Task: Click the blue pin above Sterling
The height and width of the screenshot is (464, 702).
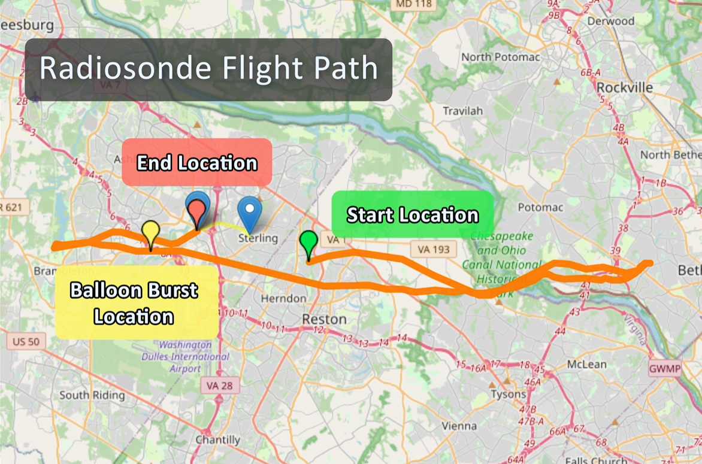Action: pyautogui.click(x=249, y=211)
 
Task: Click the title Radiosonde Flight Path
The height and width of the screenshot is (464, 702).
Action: pyautogui.click(x=208, y=69)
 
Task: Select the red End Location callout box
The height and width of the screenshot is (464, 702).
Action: pyautogui.click(x=197, y=162)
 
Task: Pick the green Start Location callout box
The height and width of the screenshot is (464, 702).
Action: pyautogui.click(x=412, y=214)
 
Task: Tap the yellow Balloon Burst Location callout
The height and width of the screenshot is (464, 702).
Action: pyautogui.click(x=137, y=303)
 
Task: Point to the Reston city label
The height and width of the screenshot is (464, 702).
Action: pyautogui.click(x=323, y=319)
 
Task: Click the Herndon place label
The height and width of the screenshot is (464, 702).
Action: pyautogui.click(x=283, y=298)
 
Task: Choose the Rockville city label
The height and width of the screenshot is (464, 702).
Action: pyautogui.click(x=625, y=87)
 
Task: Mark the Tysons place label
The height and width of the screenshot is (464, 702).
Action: pyautogui.click(x=509, y=394)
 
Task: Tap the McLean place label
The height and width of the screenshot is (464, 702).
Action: pyautogui.click(x=586, y=364)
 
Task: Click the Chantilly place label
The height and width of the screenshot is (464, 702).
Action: pyautogui.click(x=217, y=440)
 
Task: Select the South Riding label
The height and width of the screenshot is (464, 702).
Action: pyautogui.click(x=92, y=395)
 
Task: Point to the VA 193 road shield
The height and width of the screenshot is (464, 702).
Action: pyautogui.click(x=433, y=249)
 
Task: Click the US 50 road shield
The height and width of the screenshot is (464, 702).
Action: pyautogui.click(x=26, y=342)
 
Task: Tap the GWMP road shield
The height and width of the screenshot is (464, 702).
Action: pyautogui.click(x=665, y=369)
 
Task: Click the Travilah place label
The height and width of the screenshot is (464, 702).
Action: pyautogui.click(x=462, y=111)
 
